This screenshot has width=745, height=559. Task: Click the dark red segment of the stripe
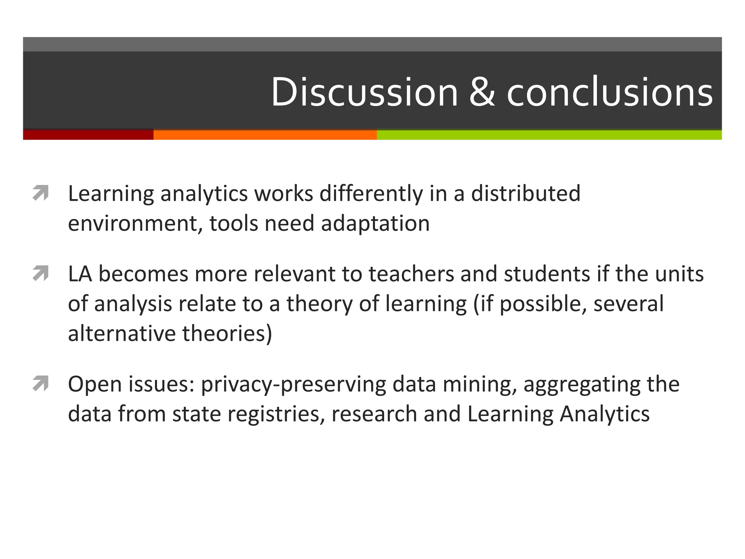pos(88,135)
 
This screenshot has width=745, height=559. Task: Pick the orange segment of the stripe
pos(265,135)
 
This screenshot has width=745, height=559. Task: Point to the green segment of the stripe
pos(549,135)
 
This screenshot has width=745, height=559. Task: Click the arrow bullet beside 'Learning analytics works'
pos(40,193)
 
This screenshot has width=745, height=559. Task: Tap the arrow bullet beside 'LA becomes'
pos(40,274)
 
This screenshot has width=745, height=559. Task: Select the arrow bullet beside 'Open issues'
pos(40,384)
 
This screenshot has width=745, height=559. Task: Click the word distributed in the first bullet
pos(526,193)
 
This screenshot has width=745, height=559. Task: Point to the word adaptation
pos(375,223)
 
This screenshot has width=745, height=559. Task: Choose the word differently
pos(371,194)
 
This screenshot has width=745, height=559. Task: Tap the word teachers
pos(411,274)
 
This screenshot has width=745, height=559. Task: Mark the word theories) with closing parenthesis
pos(227,333)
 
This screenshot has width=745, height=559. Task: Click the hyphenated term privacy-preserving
pos(293,384)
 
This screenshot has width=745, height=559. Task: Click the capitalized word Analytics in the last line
pos(605,414)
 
